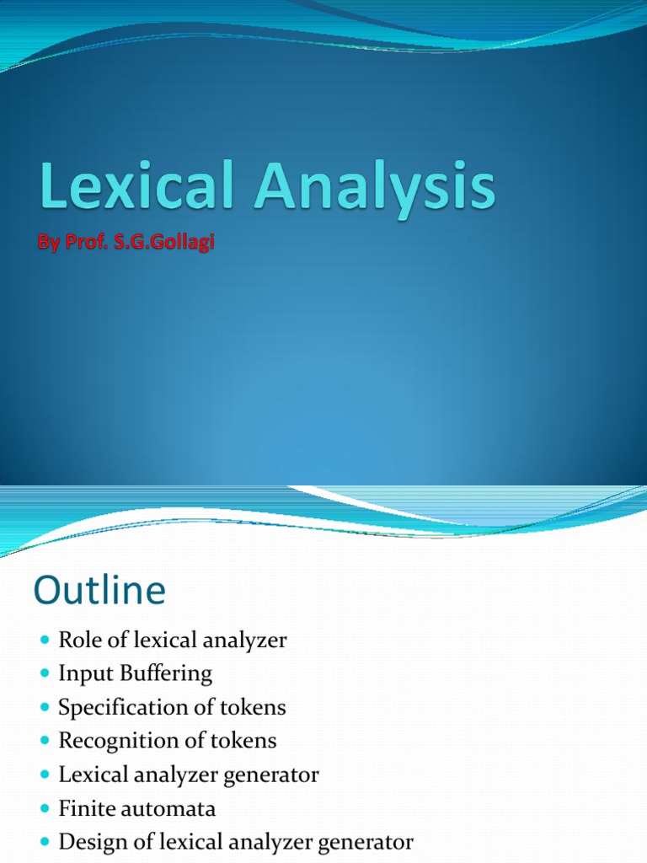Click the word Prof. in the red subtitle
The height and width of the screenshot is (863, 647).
(x=88, y=243)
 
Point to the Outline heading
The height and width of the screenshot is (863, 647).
(x=99, y=591)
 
